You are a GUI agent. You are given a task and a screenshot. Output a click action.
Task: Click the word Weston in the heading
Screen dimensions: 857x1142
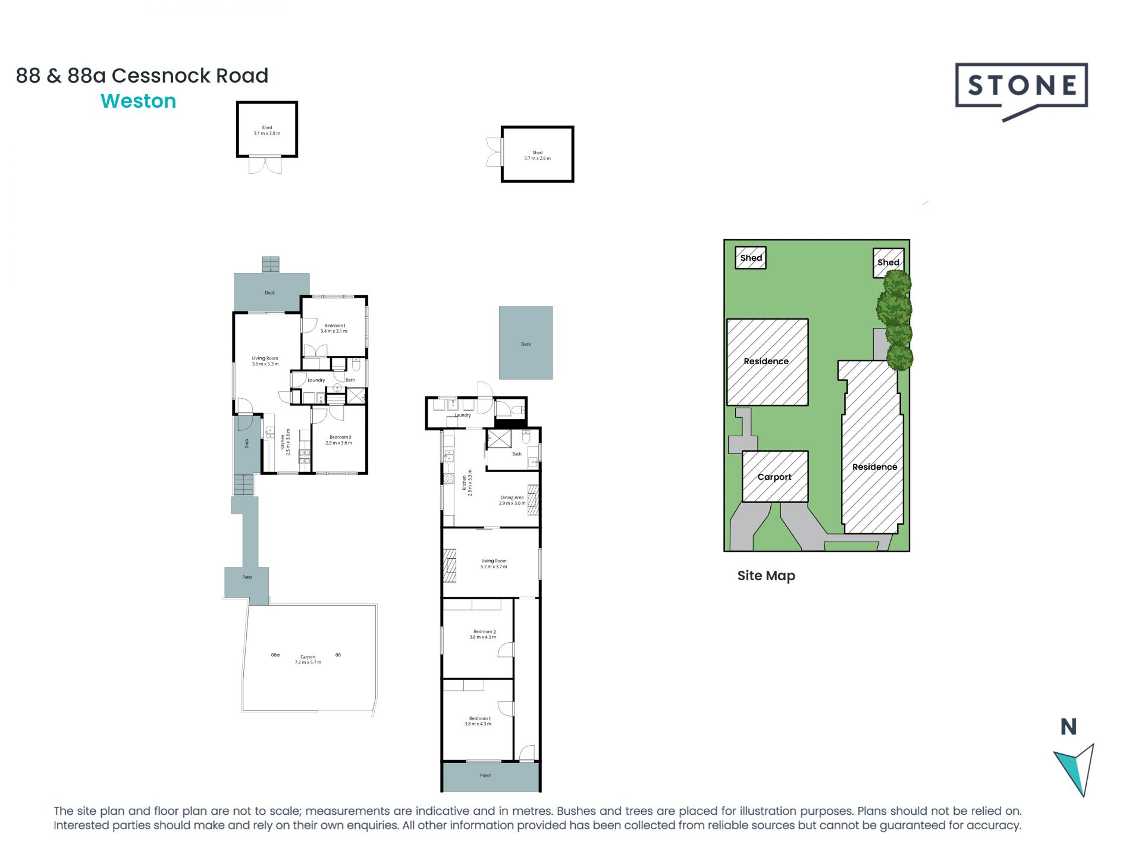(x=139, y=101)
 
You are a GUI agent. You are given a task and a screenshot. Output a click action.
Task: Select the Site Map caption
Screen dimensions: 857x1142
(x=766, y=575)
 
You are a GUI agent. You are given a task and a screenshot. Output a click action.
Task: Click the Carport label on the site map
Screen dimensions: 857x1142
(x=774, y=477)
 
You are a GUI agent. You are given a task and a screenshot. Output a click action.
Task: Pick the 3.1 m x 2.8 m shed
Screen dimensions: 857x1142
(x=267, y=130)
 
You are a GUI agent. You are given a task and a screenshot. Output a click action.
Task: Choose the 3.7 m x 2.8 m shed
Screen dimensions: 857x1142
(x=537, y=155)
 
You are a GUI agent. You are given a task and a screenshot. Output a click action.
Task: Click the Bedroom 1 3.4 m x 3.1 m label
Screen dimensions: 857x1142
(x=334, y=328)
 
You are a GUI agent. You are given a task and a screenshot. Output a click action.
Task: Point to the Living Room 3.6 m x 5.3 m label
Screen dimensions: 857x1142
(x=265, y=361)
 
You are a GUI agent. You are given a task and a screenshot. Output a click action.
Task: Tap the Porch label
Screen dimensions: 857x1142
(x=485, y=775)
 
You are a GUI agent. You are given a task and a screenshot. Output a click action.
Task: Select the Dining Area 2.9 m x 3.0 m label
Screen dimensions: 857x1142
(x=512, y=500)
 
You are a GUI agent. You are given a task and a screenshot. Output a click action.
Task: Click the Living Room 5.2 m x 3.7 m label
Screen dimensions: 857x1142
(x=494, y=564)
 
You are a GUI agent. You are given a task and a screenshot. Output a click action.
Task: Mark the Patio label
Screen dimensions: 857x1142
(x=247, y=577)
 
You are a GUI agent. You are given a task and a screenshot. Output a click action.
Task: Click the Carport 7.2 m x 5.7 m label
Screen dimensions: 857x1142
(x=308, y=659)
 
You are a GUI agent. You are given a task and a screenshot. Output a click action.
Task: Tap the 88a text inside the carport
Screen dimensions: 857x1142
(x=275, y=655)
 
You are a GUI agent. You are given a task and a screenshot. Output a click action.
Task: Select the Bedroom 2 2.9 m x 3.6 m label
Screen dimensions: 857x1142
(x=339, y=440)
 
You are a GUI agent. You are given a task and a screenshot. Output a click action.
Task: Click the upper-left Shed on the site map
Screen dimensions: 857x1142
(x=751, y=258)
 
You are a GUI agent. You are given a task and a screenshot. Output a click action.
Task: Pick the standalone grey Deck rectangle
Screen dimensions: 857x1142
(x=526, y=343)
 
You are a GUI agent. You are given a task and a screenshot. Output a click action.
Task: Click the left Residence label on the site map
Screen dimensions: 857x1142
(x=766, y=361)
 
